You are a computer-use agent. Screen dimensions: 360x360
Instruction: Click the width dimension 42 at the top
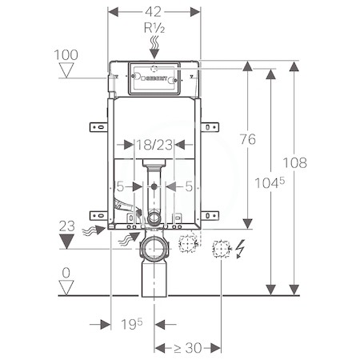click(154, 12)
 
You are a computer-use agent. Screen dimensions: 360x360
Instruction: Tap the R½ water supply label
click(154, 28)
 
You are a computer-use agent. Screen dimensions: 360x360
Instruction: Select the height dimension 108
click(294, 162)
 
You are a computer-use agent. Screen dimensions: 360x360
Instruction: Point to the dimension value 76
click(248, 139)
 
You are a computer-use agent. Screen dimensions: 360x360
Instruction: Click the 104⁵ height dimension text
click(270, 183)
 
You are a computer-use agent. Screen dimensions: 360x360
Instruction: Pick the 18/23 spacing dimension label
click(154, 145)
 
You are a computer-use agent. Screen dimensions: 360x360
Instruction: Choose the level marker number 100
click(66, 55)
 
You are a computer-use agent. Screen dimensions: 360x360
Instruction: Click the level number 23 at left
click(66, 226)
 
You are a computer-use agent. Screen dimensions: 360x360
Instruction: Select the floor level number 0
click(66, 273)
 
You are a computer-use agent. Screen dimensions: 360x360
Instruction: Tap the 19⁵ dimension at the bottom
click(132, 324)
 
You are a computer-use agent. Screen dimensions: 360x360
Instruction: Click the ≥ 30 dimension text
click(188, 348)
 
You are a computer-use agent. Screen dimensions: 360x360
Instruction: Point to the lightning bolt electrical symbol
click(241, 249)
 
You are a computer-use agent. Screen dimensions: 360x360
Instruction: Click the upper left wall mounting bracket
click(98, 127)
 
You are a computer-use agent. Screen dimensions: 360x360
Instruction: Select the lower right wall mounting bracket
click(210, 215)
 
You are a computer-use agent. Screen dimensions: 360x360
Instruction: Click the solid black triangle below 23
click(66, 242)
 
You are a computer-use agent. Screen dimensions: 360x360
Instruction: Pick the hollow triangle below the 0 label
click(66, 287)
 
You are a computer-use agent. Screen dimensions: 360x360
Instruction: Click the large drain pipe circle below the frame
click(154, 249)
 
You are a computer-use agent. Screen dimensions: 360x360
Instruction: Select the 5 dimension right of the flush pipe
click(189, 186)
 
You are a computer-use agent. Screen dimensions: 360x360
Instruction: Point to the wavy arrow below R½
click(154, 47)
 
